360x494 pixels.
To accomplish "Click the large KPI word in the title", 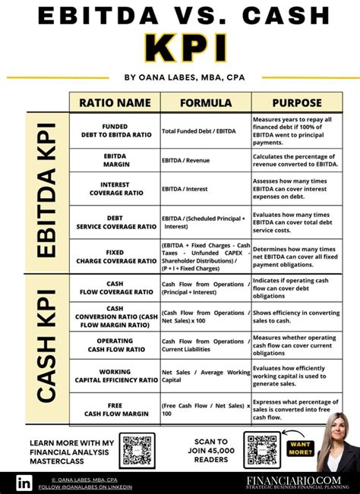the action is coord(180,47).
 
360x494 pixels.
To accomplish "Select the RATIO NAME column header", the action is coord(115,103).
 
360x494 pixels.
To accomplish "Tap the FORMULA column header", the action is coord(205,103).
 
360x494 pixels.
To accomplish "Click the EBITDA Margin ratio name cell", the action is coord(115,159).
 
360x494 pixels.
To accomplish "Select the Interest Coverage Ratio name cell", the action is coord(115,189).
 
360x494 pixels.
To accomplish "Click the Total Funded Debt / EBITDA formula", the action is coord(199,131).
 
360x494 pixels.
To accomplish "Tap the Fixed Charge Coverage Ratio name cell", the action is coord(115,256).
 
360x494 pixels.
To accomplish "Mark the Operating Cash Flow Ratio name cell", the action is coord(115,345).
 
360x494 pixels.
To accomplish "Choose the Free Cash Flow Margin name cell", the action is coord(115,408).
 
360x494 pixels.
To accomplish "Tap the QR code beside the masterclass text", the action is coord(137,449).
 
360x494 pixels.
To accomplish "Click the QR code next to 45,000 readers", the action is coord(261,449).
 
